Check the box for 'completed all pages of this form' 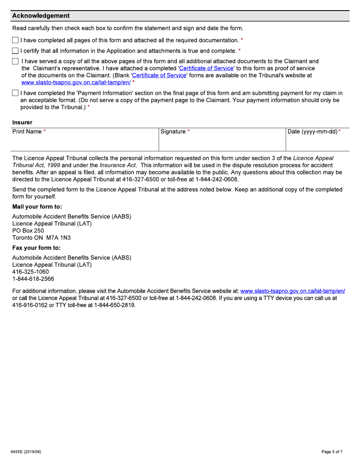coord(15,40)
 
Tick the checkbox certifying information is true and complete coord(15,51)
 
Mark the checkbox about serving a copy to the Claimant coord(15,61)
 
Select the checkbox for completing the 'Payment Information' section coord(15,93)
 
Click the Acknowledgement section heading coord(41,16)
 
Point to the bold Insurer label coord(22,122)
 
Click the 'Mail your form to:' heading coord(37,207)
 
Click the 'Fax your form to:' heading coord(36,248)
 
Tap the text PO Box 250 coord(28,231)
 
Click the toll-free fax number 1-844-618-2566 coord(33,279)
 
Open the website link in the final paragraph coord(293,291)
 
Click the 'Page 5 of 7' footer coord(332,452)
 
